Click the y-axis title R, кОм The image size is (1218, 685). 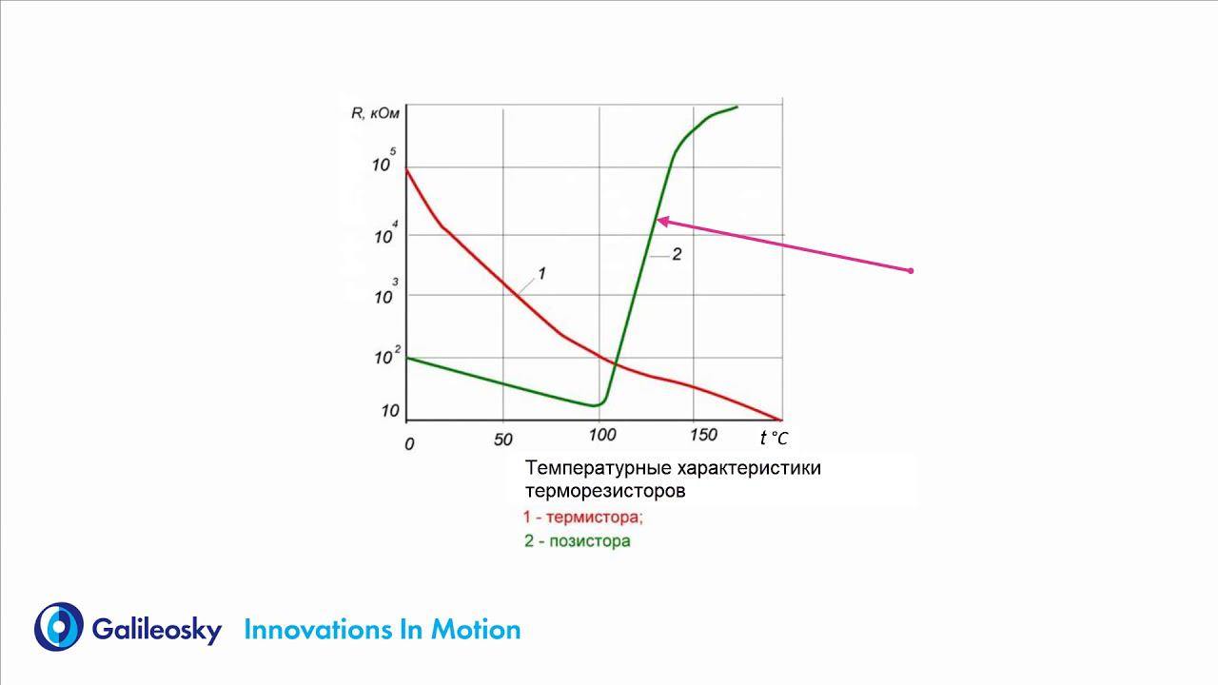point(375,114)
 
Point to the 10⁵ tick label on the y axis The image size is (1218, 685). point(383,162)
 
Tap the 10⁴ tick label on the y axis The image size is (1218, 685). point(383,234)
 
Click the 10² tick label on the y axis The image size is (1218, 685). point(385,357)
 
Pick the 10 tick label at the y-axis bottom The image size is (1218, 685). point(389,411)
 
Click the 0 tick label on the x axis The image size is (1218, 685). point(409,443)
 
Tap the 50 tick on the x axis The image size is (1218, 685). point(503,440)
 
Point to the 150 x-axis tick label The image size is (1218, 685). point(702,435)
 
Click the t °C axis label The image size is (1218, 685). point(774,438)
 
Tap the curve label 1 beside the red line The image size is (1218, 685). point(541,274)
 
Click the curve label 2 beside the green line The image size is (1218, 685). point(677,254)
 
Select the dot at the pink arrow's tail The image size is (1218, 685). point(911,271)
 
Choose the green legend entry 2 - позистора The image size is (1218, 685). point(577,541)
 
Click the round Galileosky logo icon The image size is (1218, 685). point(58,627)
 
